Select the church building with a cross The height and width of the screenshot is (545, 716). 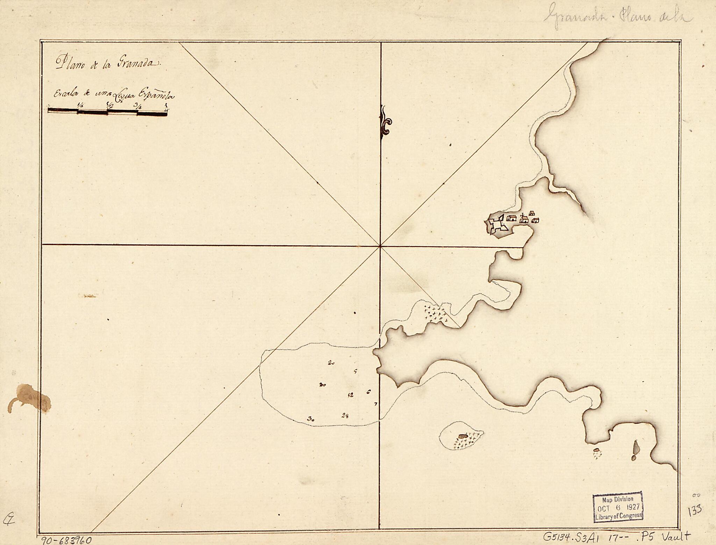click(524, 219)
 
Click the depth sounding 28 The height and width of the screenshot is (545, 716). click(345, 415)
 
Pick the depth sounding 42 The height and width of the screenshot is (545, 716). click(350, 395)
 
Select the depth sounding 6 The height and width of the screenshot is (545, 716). click(368, 392)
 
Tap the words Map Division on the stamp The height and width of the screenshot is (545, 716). click(618, 499)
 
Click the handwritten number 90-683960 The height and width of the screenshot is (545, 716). click(66, 540)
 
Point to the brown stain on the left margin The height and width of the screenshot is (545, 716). click(31, 398)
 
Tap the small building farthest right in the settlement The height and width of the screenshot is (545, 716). click(535, 220)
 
